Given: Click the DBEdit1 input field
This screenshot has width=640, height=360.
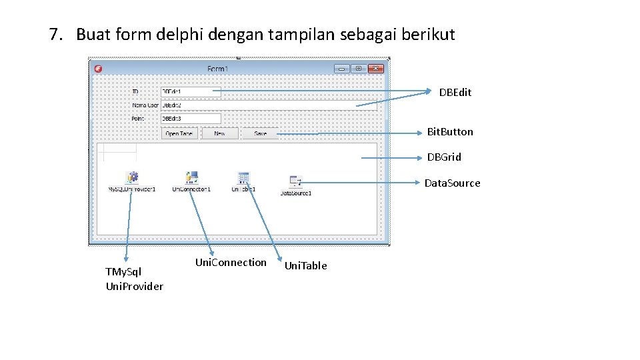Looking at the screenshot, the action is [x=191, y=92].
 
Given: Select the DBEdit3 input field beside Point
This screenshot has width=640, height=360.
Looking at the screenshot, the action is [x=191, y=119].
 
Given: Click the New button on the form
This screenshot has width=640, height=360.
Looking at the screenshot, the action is [x=219, y=133].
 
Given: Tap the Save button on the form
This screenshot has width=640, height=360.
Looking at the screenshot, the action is [x=260, y=133].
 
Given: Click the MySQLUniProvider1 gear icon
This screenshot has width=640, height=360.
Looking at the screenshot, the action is [x=132, y=177].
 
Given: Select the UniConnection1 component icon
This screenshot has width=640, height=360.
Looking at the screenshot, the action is [x=191, y=177].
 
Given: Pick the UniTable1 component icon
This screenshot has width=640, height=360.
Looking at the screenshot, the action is [x=243, y=177].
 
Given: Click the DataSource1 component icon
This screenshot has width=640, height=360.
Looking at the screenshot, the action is [x=296, y=181].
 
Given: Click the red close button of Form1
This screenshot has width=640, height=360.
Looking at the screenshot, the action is [x=376, y=69].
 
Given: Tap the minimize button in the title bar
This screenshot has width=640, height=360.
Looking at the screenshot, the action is [x=341, y=69].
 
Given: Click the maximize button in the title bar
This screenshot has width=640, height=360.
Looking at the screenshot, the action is [x=359, y=69].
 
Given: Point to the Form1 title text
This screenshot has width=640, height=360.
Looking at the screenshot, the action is [x=218, y=69].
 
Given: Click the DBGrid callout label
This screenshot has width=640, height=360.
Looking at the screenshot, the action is [x=444, y=157].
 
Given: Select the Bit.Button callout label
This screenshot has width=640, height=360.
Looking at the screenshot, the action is [x=450, y=132].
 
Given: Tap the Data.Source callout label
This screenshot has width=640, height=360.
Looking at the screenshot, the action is [x=453, y=183].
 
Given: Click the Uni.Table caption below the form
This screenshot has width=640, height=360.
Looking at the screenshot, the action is [x=305, y=266].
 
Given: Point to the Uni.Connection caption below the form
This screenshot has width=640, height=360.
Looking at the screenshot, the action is [x=230, y=263].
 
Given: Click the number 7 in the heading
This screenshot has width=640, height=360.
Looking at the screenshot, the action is [x=54, y=35].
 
